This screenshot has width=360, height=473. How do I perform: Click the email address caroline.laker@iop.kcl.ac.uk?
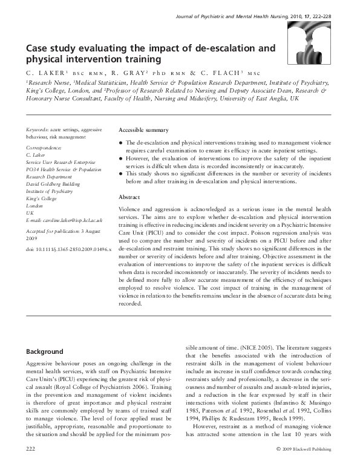click(64, 221)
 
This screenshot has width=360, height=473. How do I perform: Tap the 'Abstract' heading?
click(129, 197)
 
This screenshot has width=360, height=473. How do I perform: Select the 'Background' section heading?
click(44, 351)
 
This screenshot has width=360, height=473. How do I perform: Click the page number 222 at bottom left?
click(30, 465)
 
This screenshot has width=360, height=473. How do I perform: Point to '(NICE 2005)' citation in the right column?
click(239, 350)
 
